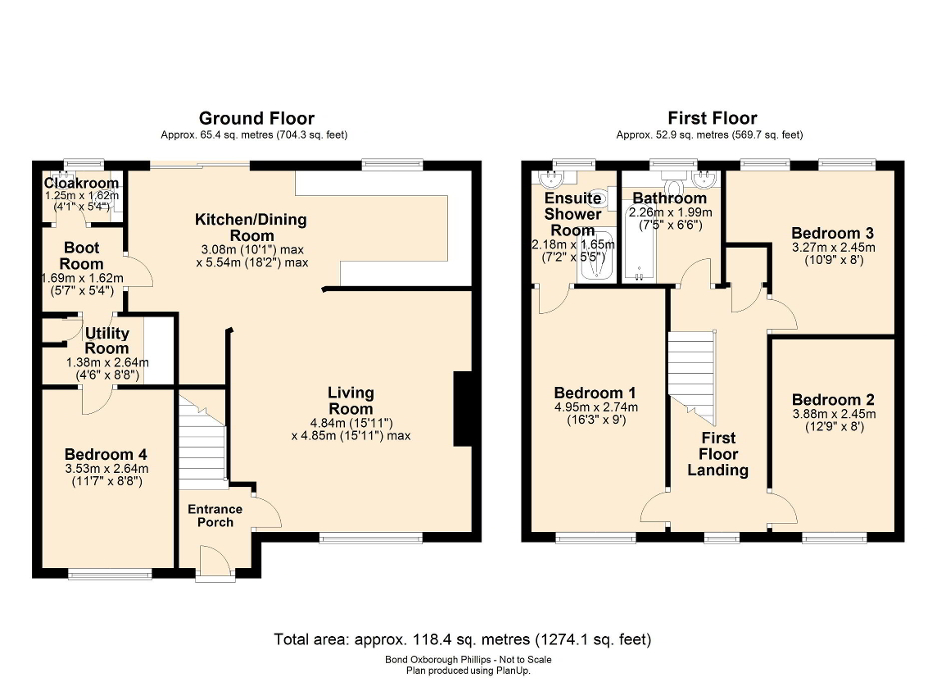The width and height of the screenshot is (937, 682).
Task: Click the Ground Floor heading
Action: [x=256, y=118]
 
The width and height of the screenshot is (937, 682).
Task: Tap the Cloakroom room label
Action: [x=81, y=184]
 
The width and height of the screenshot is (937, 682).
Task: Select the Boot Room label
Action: [x=85, y=256]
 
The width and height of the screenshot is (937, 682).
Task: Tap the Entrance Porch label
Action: [x=215, y=516]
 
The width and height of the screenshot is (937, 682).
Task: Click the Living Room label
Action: [x=350, y=401]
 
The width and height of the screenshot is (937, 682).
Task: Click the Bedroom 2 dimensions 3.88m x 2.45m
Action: [x=833, y=414]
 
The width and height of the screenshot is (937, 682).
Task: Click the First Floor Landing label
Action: [x=718, y=454]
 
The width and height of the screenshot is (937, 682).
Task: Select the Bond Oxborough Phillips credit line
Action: [x=468, y=660]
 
